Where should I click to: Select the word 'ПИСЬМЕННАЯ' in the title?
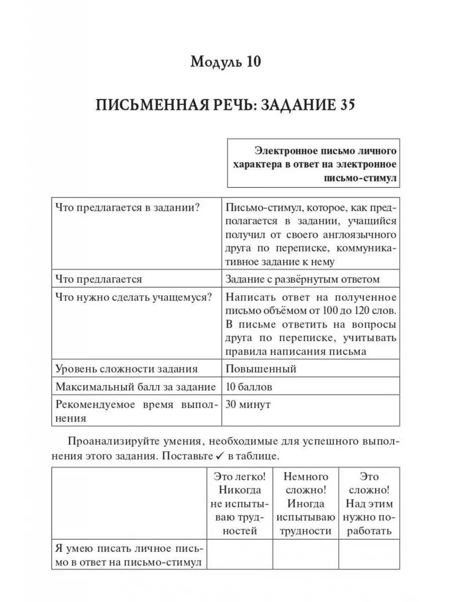point(150,106)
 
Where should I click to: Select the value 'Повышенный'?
point(261,369)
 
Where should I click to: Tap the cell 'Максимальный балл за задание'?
point(136,387)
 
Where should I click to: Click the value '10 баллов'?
point(250,387)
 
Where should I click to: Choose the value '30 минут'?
point(248,404)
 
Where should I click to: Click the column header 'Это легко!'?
point(239,476)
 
